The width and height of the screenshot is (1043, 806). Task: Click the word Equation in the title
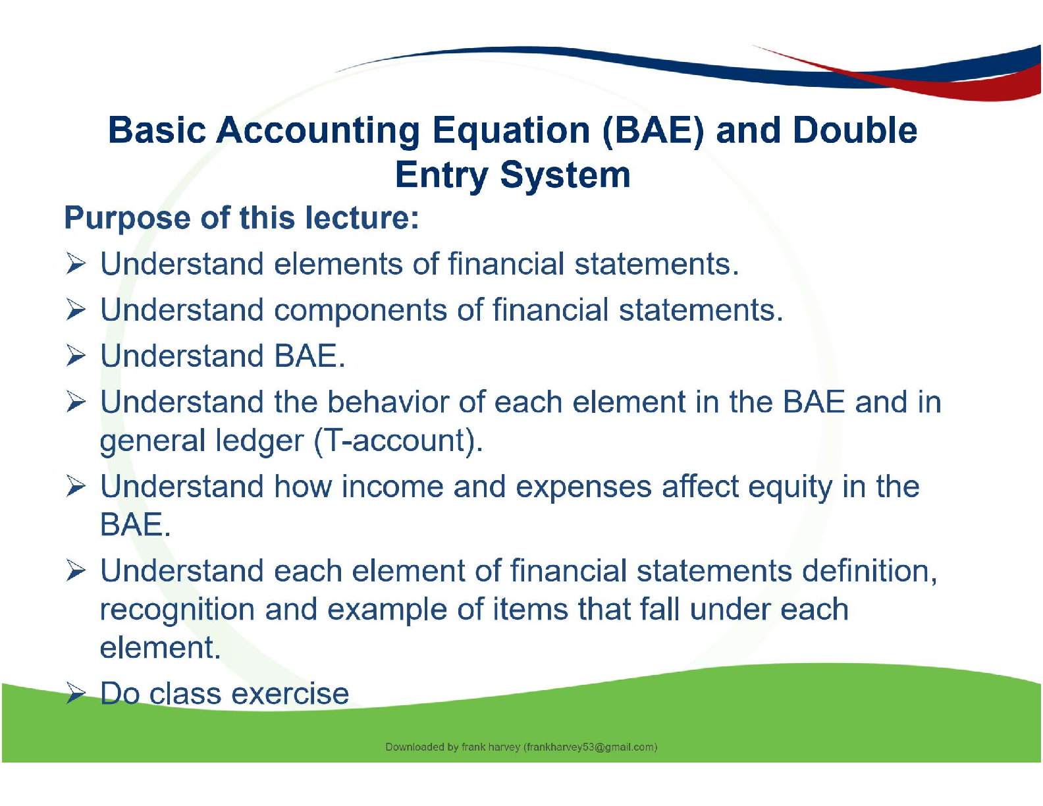coord(511,132)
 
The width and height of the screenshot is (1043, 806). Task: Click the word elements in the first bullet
coord(338,264)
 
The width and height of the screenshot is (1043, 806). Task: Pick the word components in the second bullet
coord(360,311)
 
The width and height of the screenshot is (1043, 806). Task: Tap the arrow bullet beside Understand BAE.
coord(76,356)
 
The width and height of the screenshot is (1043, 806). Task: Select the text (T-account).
coord(398,441)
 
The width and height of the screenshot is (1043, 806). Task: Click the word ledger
coord(259,441)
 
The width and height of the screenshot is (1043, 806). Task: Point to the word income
coord(392,487)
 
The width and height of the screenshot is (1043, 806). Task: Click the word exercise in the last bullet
coord(290,694)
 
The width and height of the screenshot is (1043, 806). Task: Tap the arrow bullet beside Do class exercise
coord(76,693)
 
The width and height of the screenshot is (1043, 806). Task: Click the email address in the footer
coord(591,747)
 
